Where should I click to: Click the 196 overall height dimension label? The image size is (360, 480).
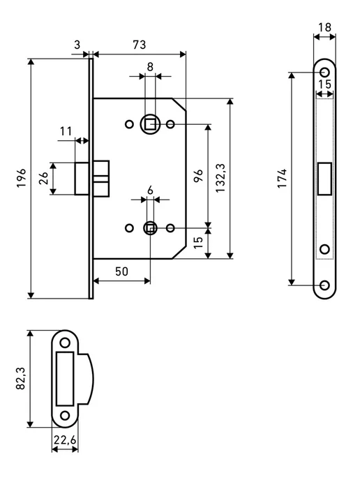pos(22,177)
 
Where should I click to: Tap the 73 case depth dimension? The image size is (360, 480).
pos(140,45)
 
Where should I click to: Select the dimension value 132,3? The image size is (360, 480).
pos(220,178)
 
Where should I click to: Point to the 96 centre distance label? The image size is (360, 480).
pos(198,175)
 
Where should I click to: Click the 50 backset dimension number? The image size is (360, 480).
pos(121,271)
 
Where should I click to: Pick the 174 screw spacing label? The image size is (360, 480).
pos(282,178)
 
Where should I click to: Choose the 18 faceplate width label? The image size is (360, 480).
pos(324,27)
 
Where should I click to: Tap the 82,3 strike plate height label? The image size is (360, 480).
pos(21,378)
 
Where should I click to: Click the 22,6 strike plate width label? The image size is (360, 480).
pos(65,440)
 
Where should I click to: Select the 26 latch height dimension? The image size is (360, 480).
pos(43,178)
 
